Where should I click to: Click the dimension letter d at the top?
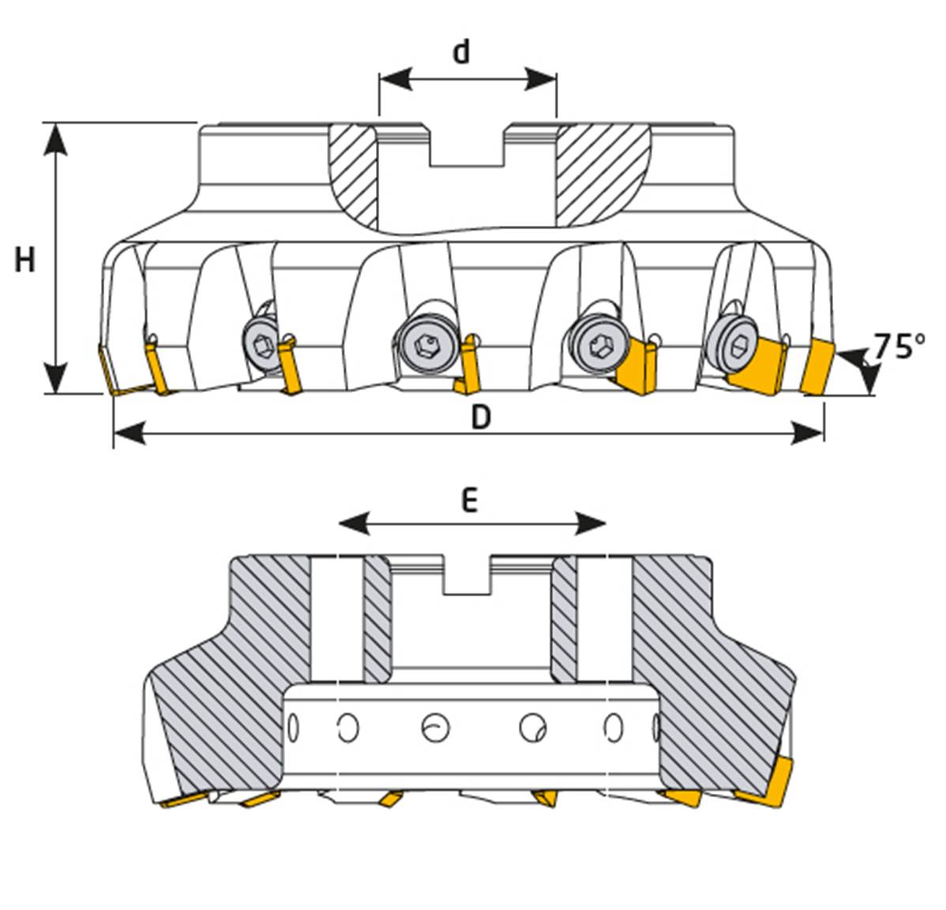point(461,51)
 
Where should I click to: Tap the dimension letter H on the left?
point(25,259)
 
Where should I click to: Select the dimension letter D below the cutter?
point(481,416)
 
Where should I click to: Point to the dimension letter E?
point(470,500)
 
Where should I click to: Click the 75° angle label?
point(899,347)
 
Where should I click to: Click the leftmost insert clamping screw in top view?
point(260,342)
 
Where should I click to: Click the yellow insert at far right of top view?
point(819,367)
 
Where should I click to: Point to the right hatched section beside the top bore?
point(602,174)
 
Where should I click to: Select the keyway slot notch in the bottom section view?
point(467,576)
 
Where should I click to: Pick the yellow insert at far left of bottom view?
point(182,801)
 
